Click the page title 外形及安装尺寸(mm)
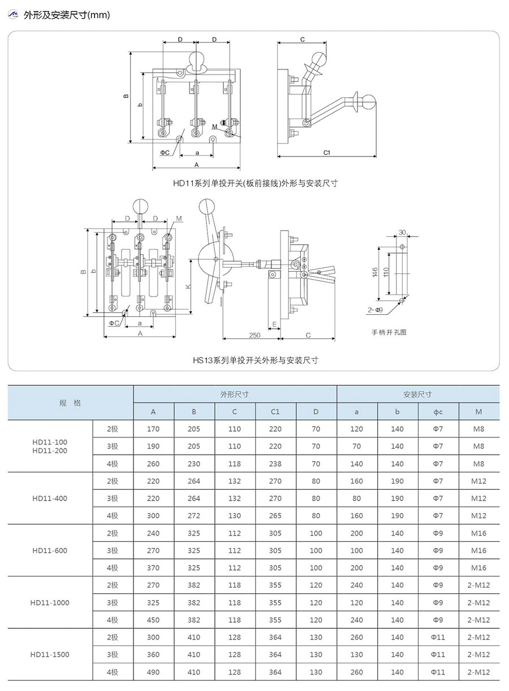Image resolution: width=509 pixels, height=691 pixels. (67, 15)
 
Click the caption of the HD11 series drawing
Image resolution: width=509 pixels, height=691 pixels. (255, 183)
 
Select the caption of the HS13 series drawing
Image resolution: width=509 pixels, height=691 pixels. (255, 360)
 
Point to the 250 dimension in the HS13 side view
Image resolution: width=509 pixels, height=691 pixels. (255, 335)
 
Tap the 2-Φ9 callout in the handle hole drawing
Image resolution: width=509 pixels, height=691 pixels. (376, 310)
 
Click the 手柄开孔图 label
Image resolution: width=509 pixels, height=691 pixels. (389, 332)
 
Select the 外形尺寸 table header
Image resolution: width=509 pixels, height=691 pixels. (235, 394)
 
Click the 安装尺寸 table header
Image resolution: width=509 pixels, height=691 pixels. (418, 394)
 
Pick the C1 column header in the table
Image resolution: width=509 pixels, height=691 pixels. (275, 412)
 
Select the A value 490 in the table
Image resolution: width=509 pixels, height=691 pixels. (153, 672)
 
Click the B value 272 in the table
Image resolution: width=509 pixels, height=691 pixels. (194, 516)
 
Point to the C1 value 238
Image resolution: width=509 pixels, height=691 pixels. (275, 464)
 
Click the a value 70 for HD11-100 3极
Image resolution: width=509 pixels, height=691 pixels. (357, 446)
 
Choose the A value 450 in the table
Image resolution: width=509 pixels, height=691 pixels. (153, 620)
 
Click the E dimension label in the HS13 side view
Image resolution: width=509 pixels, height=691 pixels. (274, 324)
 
